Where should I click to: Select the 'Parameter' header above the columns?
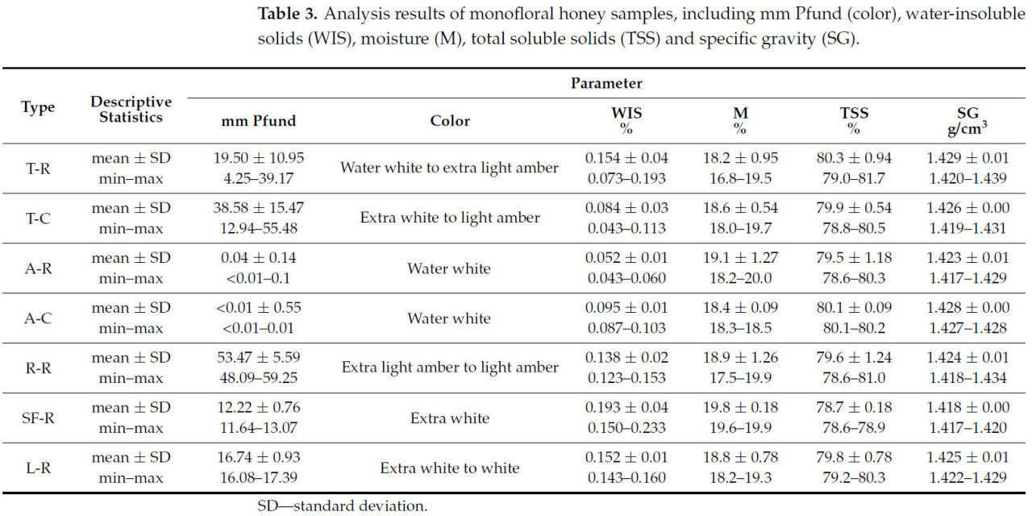(606, 83)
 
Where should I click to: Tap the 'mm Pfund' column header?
(259, 121)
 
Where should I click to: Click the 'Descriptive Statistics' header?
(131, 110)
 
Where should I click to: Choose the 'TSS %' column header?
(854, 121)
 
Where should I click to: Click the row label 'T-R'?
(37, 169)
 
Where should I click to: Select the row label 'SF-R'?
(37, 418)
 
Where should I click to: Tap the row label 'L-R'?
(37, 468)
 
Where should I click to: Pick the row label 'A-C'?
(37, 318)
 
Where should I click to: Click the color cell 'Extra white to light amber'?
(450, 218)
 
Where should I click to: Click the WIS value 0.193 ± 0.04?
(627, 407)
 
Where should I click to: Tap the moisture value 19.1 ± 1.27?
(741, 258)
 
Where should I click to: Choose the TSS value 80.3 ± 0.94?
(854, 158)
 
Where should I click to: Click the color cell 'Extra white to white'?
(450, 468)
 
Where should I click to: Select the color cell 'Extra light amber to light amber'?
(450, 368)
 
